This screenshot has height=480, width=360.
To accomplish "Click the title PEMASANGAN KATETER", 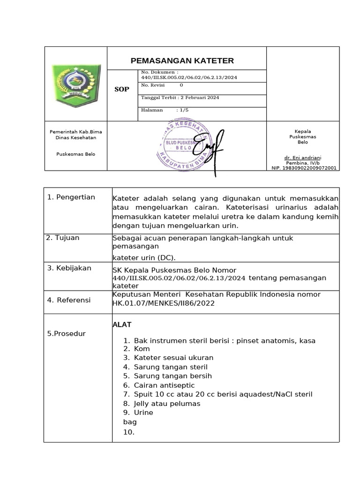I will (182, 61).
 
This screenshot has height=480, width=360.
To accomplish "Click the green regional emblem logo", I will (76, 84).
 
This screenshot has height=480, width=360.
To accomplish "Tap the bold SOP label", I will (122, 89).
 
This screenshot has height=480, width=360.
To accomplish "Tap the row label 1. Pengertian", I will (71, 197).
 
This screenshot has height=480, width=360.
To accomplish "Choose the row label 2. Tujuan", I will (63, 238).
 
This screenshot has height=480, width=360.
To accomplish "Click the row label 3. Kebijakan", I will (69, 268).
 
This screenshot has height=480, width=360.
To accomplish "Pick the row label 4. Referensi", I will (69, 300).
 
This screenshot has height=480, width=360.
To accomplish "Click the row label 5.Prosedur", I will (67, 333).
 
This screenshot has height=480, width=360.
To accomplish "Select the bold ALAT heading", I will (122, 324).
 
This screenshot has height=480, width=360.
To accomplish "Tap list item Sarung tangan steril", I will (171, 367).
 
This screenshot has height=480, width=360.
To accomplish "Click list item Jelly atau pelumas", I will (167, 403).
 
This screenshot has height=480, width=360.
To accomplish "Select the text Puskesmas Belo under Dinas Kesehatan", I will (75, 154).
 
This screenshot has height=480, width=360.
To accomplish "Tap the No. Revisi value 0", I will (181, 85).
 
